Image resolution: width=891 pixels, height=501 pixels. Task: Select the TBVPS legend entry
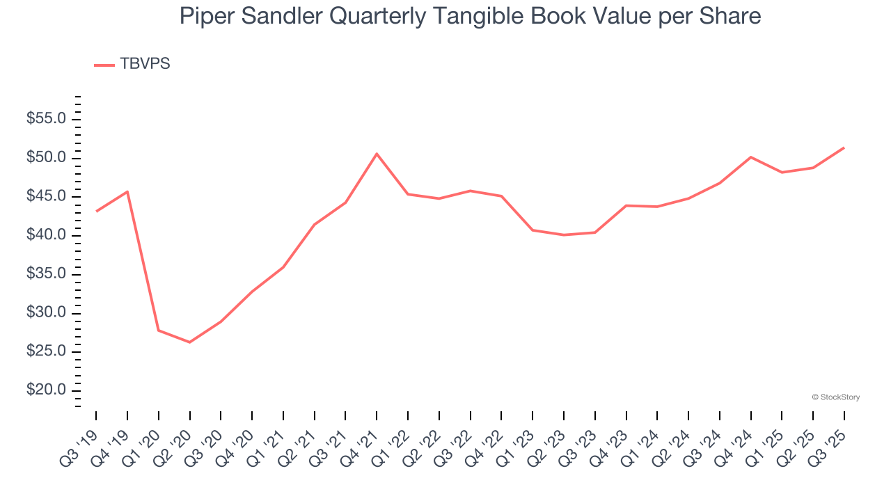coord(132,64)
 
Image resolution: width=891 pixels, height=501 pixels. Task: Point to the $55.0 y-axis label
coord(46,119)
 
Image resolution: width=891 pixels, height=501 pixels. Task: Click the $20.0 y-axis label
coord(46,390)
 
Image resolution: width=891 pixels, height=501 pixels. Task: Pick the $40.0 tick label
coord(46,235)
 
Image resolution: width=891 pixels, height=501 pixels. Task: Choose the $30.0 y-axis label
coord(46,313)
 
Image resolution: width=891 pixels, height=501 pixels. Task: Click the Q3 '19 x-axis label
coord(83,438)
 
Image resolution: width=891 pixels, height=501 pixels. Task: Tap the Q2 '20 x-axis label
coord(176,438)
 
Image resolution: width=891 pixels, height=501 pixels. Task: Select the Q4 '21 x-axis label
coord(363,438)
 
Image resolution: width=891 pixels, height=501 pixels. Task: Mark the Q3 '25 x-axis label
coord(830,438)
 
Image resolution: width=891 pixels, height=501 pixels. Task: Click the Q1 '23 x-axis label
coord(519,438)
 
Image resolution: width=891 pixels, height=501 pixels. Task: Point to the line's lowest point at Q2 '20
coord(189,342)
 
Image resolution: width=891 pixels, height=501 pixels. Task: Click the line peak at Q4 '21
coord(377,154)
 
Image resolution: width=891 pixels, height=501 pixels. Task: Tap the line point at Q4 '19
coord(127,191)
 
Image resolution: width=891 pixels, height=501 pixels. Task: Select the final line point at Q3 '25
coord(844,148)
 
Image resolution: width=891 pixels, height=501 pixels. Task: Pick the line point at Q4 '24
coord(750,157)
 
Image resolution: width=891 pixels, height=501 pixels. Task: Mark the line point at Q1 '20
coord(159,330)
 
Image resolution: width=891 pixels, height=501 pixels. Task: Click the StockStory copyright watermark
coord(835,397)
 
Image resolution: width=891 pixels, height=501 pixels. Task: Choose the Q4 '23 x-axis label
coord(612,438)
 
